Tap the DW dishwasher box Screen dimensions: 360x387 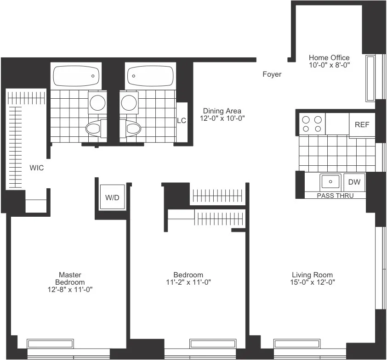(x=354, y=182)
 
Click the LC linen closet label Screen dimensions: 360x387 (x=182, y=121)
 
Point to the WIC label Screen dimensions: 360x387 (x=37, y=168)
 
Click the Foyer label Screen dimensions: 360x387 (x=272, y=74)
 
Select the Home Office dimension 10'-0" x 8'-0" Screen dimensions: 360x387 (x=329, y=65)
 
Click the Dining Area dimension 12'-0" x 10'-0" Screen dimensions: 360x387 (x=222, y=118)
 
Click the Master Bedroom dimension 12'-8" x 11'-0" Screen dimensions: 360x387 (x=70, y=289)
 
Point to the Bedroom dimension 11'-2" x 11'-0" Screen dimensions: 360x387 (x=188, y=282)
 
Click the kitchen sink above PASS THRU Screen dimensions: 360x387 (x=330, y=182)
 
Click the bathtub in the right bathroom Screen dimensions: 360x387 (x=150, y=76)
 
